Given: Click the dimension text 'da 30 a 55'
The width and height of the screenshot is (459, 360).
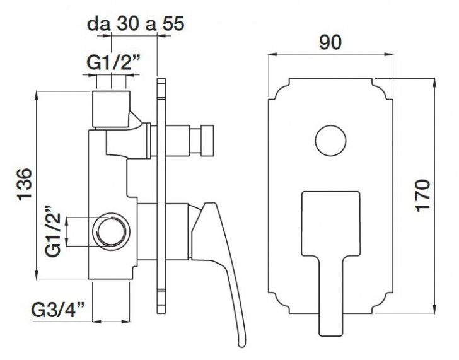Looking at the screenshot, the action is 136,23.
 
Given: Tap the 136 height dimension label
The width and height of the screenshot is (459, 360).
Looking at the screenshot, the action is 25,184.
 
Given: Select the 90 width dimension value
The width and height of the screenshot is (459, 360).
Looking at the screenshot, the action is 330,42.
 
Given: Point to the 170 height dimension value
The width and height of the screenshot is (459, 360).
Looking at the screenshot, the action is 422,195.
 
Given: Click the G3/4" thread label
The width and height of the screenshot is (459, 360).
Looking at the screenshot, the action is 58,310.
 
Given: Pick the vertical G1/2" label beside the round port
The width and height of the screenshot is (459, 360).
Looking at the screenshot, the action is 53,231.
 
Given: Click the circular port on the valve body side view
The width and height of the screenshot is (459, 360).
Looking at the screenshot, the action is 111,231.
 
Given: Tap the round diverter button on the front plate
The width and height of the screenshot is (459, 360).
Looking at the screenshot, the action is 331,141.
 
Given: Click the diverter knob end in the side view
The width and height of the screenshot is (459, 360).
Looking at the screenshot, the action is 207,140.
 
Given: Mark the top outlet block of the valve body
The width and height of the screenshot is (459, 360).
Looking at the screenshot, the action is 111,109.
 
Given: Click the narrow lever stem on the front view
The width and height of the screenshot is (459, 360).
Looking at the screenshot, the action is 331,296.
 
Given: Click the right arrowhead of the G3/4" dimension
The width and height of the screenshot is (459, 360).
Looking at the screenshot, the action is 126,322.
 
